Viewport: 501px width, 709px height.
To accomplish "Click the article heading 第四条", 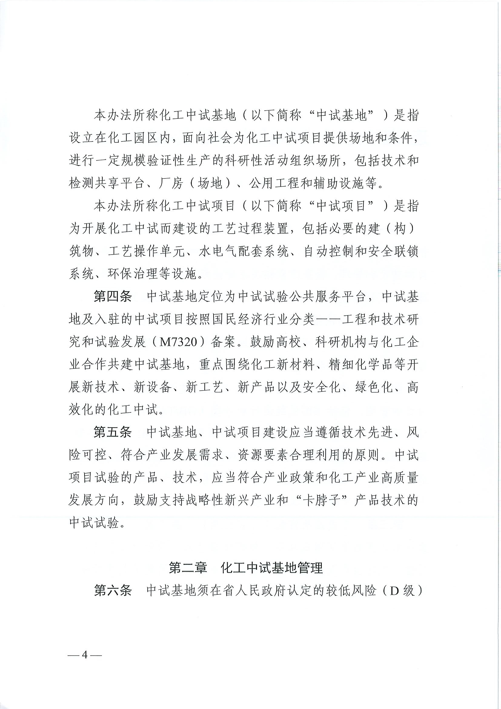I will click(113, 297).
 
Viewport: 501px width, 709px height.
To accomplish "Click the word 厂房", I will click(171, 184).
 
